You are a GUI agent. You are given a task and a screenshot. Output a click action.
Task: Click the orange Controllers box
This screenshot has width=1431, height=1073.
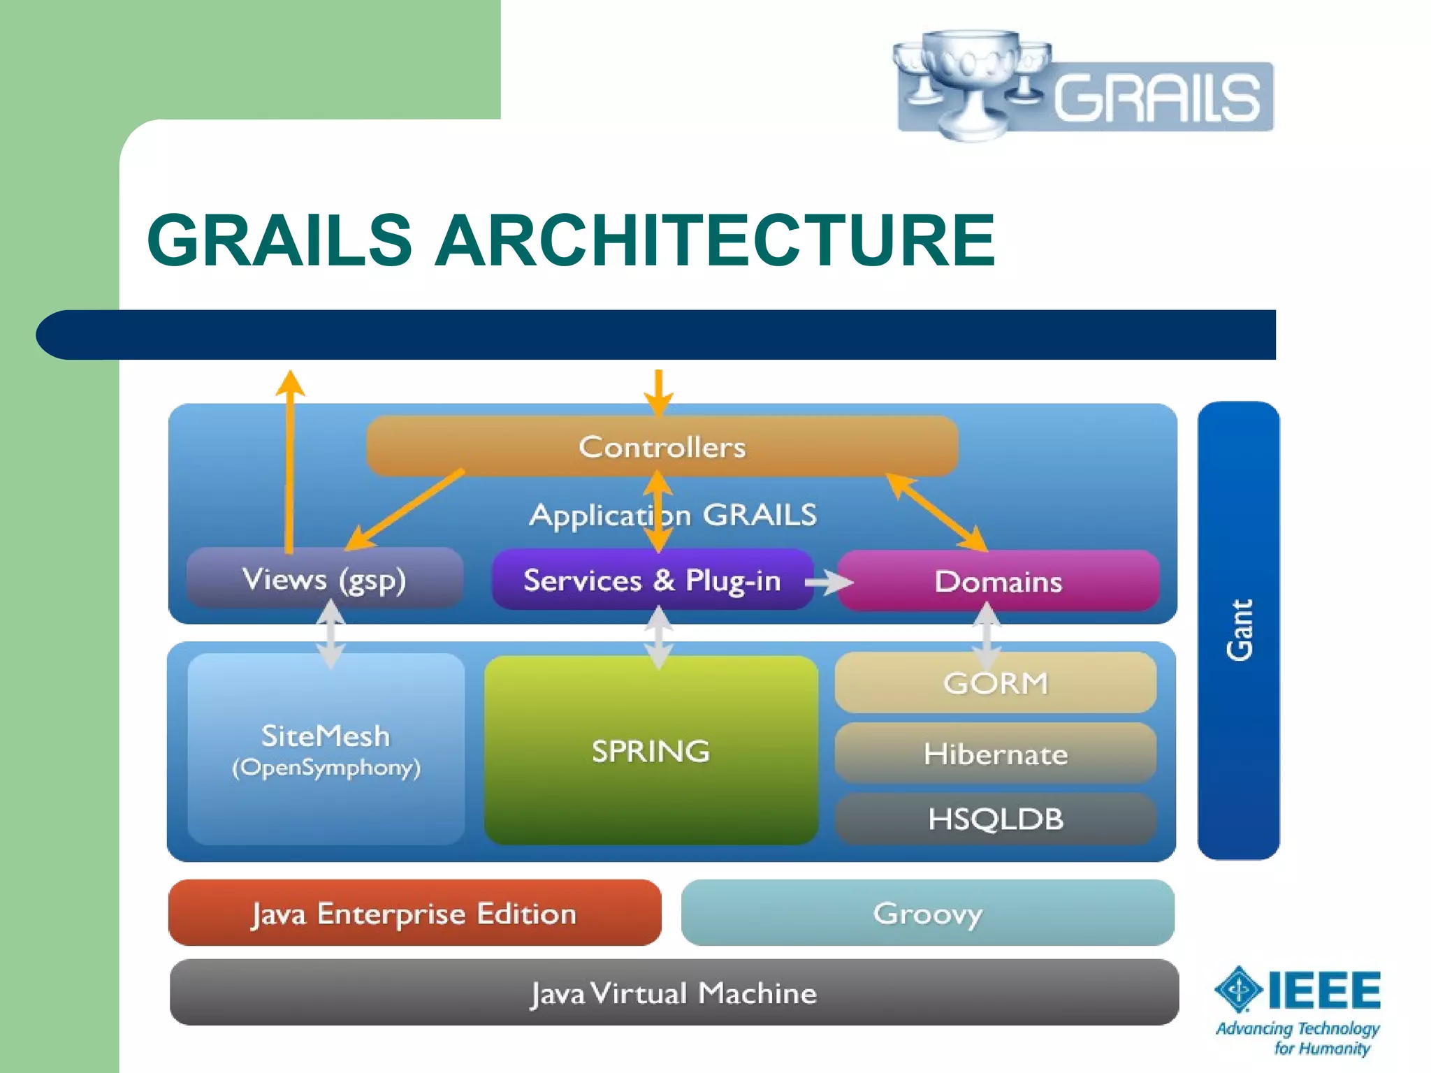pos(662,446)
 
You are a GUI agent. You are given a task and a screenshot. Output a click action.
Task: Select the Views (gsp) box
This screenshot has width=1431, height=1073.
pos(324,579)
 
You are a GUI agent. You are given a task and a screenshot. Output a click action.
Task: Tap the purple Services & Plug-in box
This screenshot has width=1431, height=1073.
pos(651,581)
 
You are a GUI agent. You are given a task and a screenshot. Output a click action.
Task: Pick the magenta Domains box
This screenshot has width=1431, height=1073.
pos(998,581)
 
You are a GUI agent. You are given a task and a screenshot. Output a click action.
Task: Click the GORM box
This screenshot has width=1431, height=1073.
pos(995,683)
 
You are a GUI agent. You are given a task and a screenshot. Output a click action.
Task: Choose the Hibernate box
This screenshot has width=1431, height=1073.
pos(995,754)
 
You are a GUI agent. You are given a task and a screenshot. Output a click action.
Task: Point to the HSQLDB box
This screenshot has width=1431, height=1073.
pos(995,819)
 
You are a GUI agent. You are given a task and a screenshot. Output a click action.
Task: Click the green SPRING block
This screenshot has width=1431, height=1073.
pos(651,751)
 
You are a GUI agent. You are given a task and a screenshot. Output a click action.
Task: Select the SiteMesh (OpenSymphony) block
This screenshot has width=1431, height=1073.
pos(326,750)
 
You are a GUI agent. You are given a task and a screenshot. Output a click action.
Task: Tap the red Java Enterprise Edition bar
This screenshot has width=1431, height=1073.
pos(414,913)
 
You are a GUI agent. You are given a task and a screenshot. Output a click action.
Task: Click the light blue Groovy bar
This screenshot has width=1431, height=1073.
pos(927,913)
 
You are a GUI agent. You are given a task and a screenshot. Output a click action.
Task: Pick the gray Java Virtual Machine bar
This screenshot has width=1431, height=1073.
pos(673,993)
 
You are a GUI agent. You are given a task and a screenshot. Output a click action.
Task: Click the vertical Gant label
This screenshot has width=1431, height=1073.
pos(1240,629)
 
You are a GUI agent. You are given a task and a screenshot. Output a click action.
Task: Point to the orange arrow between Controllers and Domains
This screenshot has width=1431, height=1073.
pos(936,512)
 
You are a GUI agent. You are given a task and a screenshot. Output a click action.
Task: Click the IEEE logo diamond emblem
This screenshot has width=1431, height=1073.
pos(1238,989)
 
